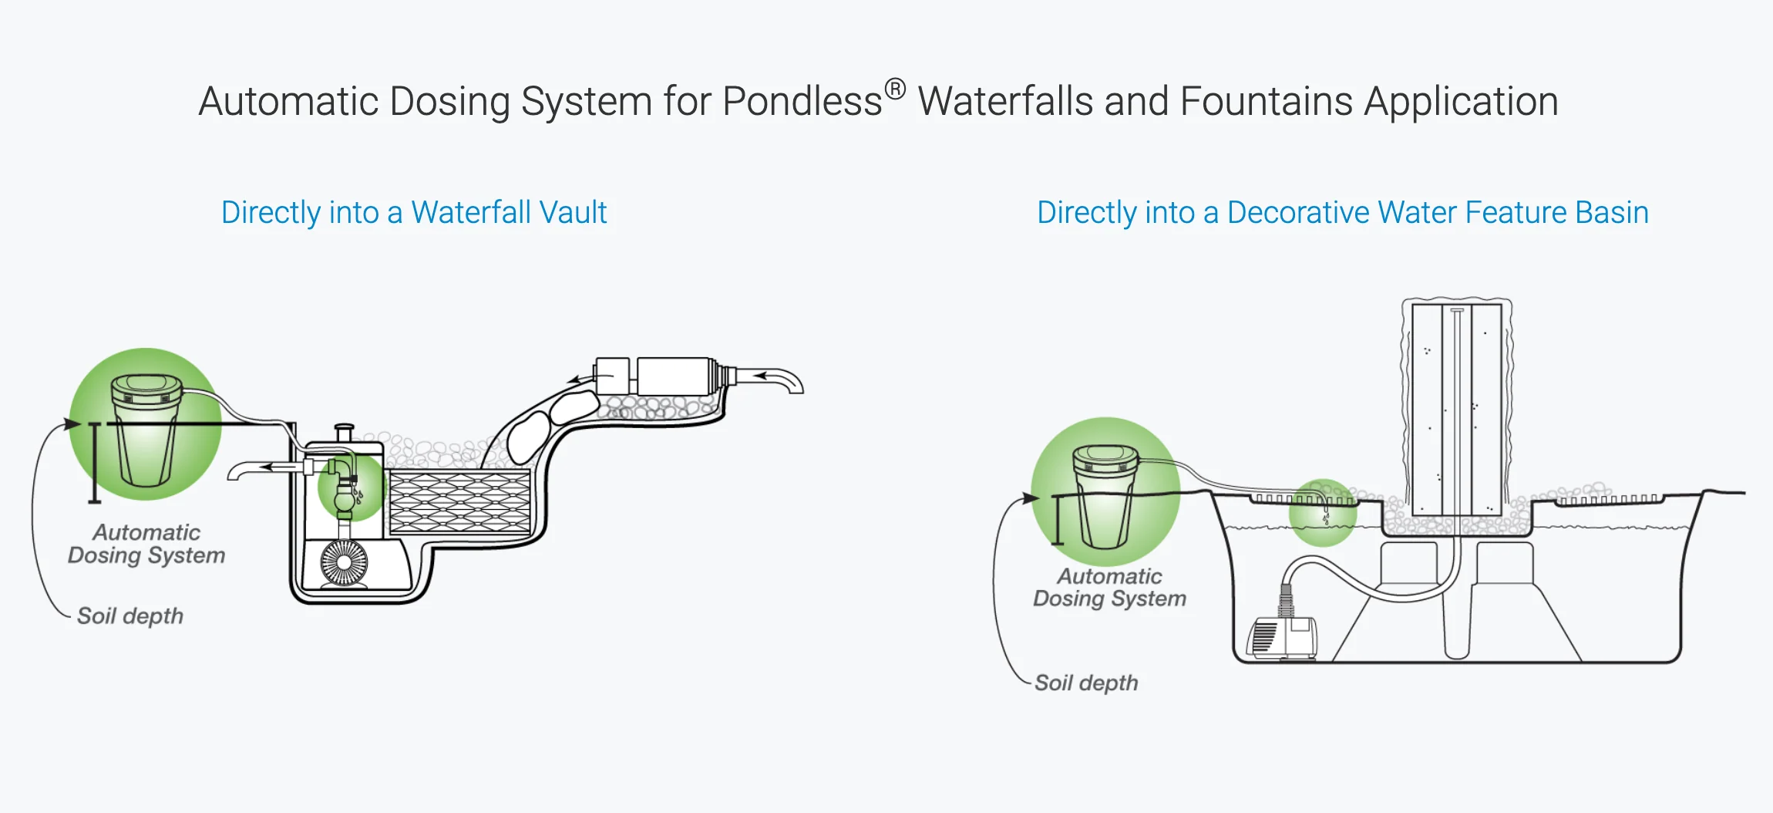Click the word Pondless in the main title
click(x=802, y=102)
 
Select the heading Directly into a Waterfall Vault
click(x=414, y=213)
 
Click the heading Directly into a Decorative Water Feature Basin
click(x=1342, y=213)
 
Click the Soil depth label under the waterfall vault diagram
click(x=130, y=616)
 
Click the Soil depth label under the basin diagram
click(x=1086, y=683)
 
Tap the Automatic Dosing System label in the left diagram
click(x=146, y=544)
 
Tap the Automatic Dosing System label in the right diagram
click(x=1109, y=588)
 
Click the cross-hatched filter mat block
click(x=459, y=502)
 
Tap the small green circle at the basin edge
click(x=1323, y=513)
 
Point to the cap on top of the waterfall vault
click(x=344, y=431)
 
